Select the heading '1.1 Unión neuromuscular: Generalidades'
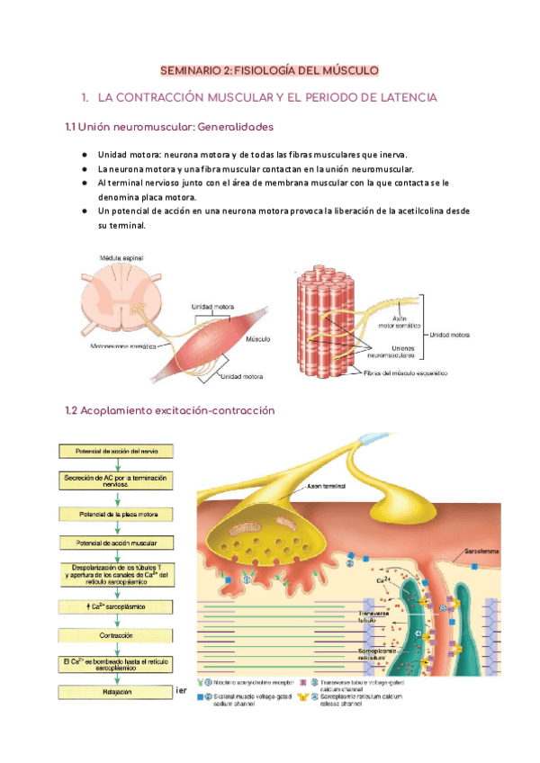pos(169,128)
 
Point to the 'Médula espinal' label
pos(121,258)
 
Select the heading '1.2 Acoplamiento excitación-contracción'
pos(170,410)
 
